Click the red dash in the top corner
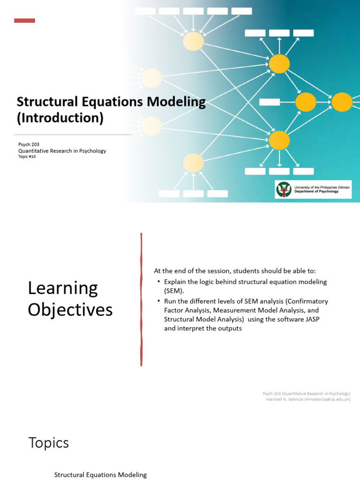click(24, 21)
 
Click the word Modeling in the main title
click(174, 102)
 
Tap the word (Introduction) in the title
click(60, 118)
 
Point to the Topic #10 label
click(27, 157)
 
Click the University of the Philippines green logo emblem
click(283, 189)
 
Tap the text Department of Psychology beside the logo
click(316, 192)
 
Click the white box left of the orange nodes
click(270, 102)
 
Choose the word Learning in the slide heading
click(63, 288)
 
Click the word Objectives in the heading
click(70, 310)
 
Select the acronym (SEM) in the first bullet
click(174, 291)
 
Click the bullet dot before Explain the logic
click(159, 281)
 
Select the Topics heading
click(48, 442)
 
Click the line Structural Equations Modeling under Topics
click(100, 475)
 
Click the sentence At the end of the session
click(235, 271)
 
